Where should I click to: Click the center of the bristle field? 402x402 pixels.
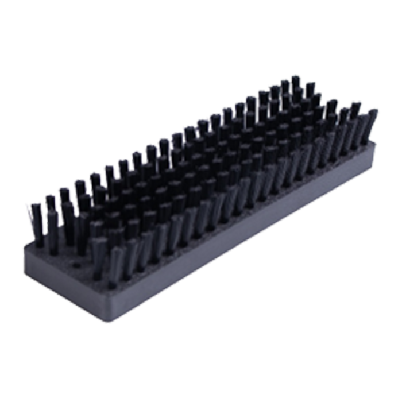201,172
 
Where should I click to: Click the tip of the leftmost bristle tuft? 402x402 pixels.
32,204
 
